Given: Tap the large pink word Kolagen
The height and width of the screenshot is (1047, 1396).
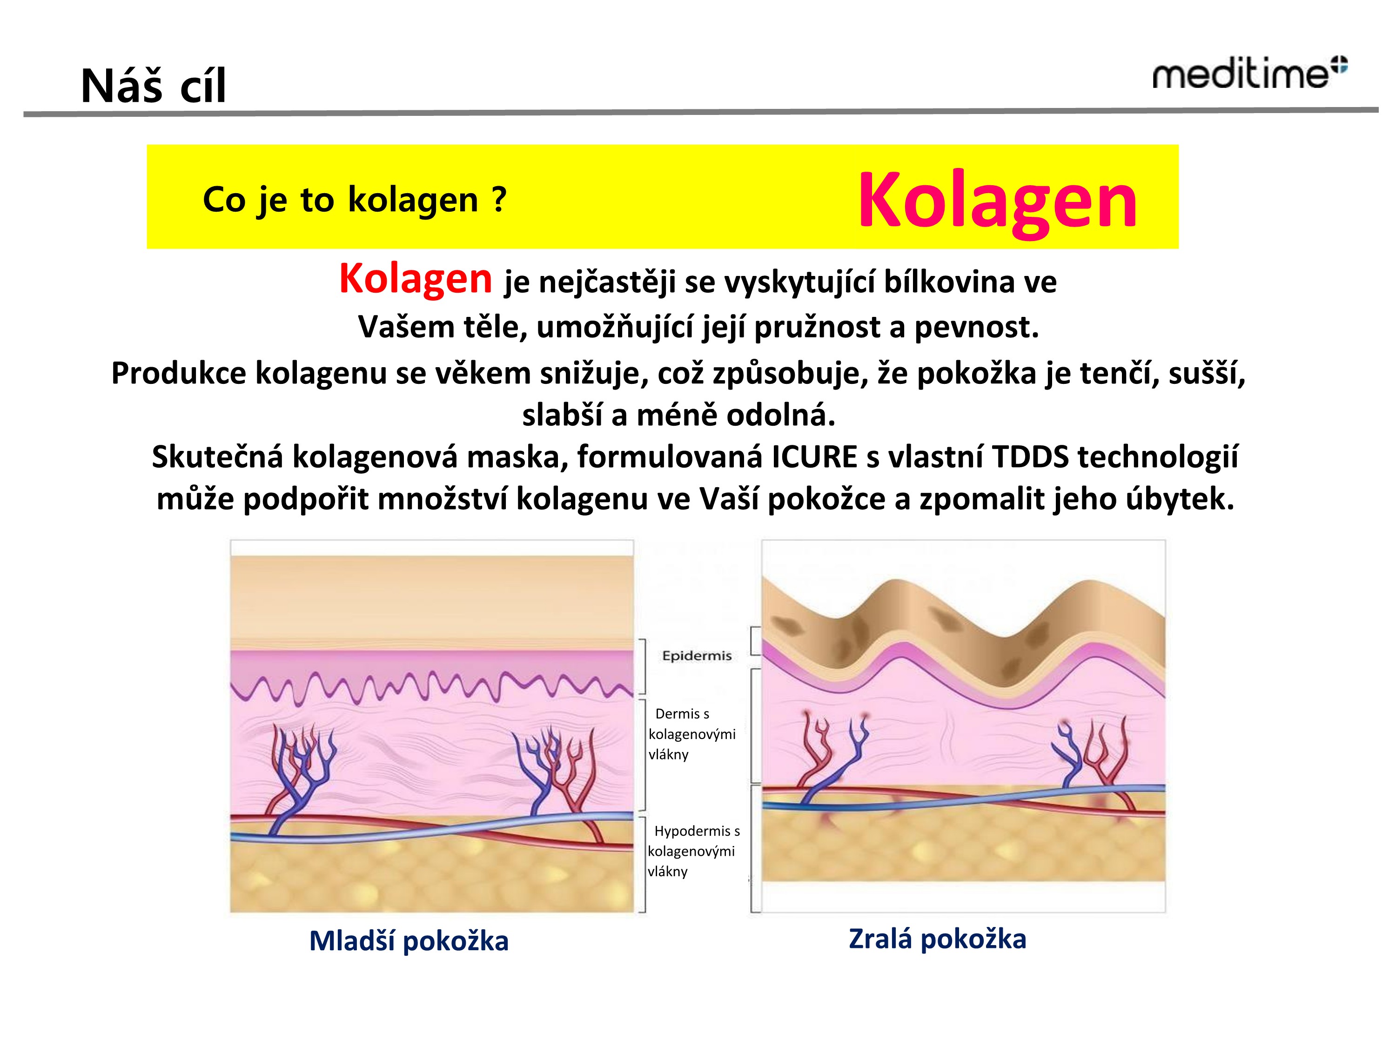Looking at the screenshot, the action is (997, 201).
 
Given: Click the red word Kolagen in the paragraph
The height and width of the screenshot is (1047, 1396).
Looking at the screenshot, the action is (415, 278).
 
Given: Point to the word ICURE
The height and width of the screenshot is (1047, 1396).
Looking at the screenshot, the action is (814, 457).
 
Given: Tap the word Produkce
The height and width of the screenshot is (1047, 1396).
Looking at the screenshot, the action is (179, 373).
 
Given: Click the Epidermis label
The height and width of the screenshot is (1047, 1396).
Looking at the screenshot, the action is (697, 656).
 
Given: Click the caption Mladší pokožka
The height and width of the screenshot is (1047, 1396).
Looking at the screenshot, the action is (409, 941).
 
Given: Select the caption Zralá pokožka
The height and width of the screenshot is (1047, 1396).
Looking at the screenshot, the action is (937, 939).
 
